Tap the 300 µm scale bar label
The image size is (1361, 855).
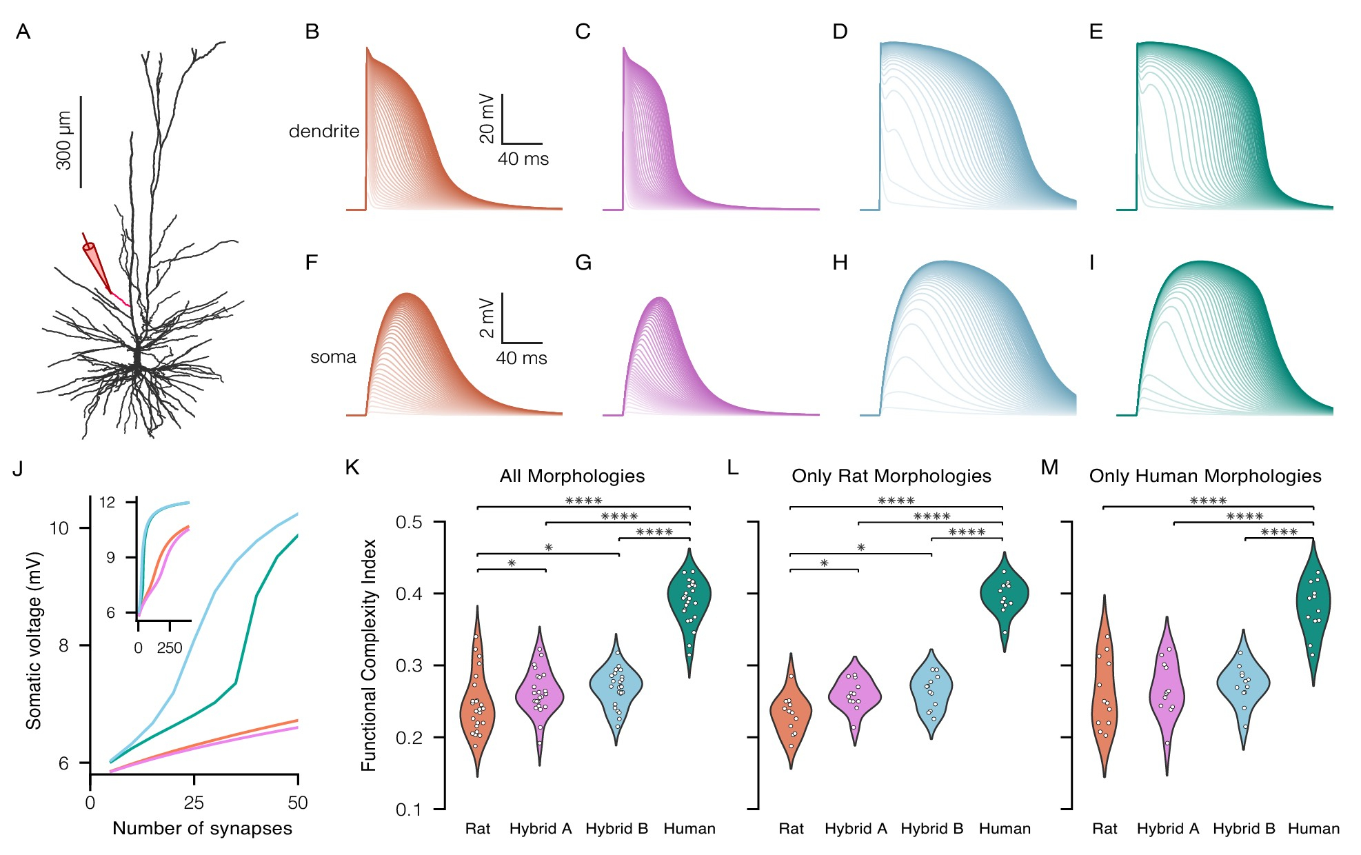click(x=63, y=140)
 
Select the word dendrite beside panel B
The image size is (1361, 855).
click(x=324, y=131)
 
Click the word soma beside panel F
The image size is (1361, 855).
click(x=333, y=357)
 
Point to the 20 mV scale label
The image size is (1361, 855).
click(x=487, y=118)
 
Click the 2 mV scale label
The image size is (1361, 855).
click(x=487, y=318)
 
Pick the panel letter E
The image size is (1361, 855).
click(x=1096, y=32)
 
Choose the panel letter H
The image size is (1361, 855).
click(x=840, y=263)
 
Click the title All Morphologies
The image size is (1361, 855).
click(x=572, y=476)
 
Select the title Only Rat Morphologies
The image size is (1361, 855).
click(x=891, y=476)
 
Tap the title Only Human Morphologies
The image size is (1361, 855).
click(x=1205, y=476)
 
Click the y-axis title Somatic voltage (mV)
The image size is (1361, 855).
click(x=34, y=640)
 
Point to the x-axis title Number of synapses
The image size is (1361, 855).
click(x=202, y=828)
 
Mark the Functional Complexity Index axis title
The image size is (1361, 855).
click(x=369, y=654)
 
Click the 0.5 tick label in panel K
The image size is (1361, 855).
click(x=409, y=522)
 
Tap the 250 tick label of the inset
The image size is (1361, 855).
click(x=170, y=648)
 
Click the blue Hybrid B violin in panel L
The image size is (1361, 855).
click(x=931, y=690)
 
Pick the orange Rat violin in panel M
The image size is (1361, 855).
click(x=1105, y=696)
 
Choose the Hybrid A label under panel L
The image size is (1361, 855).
click(x=856, y=829)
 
